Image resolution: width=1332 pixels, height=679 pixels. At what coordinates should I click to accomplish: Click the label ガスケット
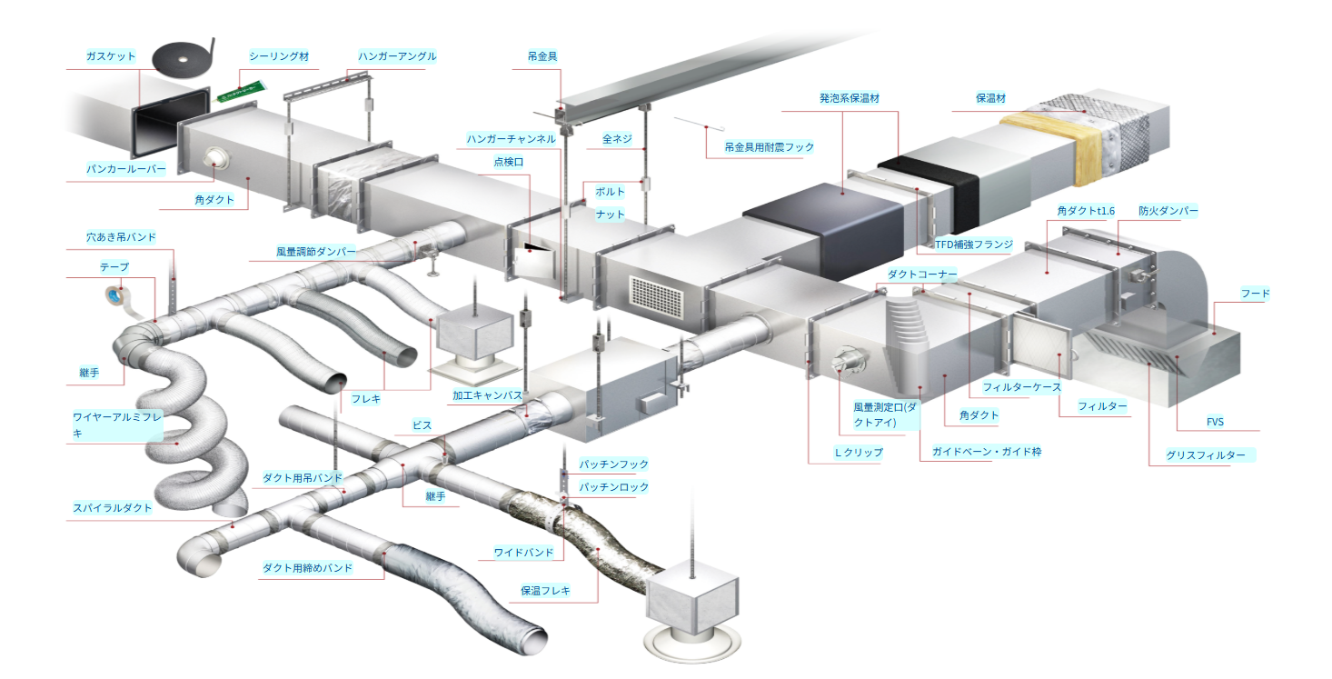coord(111,56)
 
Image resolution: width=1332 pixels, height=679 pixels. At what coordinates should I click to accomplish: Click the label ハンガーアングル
coord(397,56)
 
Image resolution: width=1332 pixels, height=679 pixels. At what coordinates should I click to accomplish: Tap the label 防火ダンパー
coord(1168,211)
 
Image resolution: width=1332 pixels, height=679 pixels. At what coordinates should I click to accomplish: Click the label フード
coord(1255,294)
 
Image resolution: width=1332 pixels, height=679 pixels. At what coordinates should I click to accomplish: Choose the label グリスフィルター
coord(1206,455)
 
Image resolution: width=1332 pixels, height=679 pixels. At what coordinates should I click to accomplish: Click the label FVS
coord(1215,422)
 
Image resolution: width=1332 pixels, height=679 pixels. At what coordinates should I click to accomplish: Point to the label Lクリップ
coord(859,452)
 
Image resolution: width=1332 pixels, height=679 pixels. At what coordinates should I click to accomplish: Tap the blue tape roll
coord(115,295)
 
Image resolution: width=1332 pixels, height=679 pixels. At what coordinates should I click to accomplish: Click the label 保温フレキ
coord(545,591)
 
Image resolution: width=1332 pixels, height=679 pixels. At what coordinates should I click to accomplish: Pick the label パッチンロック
coord(614,487)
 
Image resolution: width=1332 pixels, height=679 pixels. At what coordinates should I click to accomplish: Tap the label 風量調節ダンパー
coord(316,252)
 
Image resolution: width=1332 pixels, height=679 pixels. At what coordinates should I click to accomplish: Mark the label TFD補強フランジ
coord(973,245)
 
